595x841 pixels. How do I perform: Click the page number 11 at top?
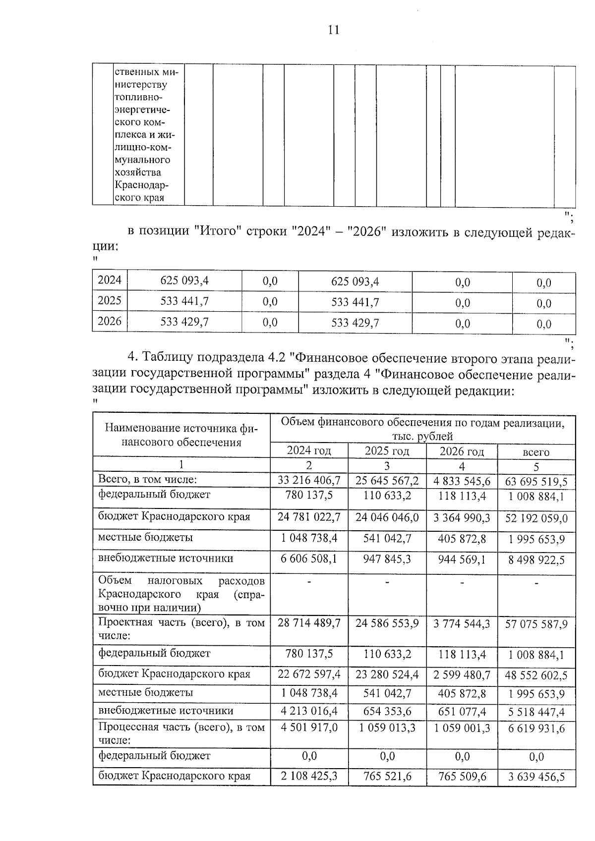[334, 30]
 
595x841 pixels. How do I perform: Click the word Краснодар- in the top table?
[141, 185]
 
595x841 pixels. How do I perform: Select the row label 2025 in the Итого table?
[110, 301]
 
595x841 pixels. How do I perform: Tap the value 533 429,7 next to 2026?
[184, 322]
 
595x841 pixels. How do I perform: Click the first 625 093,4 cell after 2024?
[184, 281]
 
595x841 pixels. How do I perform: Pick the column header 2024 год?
[309, 451]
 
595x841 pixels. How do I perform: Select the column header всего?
[536, 452]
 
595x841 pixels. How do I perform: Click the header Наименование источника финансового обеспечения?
[181, 435]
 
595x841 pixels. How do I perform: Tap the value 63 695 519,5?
[536, 482]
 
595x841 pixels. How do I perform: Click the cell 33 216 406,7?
[309, 480]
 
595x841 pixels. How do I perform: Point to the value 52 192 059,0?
[536, 519]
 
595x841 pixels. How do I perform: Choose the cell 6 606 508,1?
[309, 559]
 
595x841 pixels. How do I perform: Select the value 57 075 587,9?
[536, 624]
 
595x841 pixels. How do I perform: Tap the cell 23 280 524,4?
[387, 674]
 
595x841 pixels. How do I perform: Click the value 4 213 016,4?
[309, 712]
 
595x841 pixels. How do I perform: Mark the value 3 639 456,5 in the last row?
[536, 777]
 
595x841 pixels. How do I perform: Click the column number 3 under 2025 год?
[387, 466]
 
